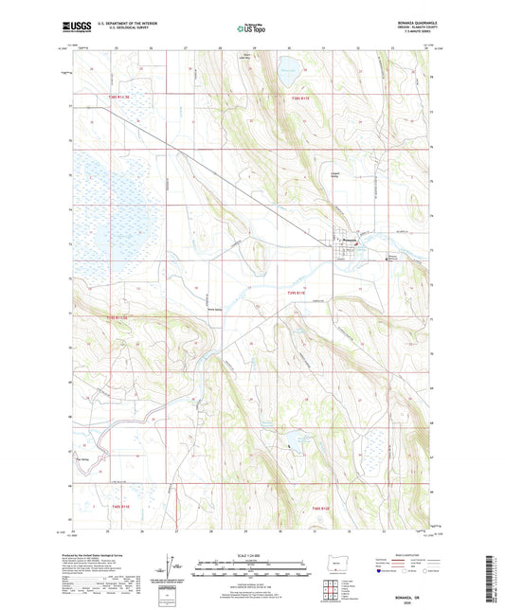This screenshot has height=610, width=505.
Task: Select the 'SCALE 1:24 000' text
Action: pos(251,554)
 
